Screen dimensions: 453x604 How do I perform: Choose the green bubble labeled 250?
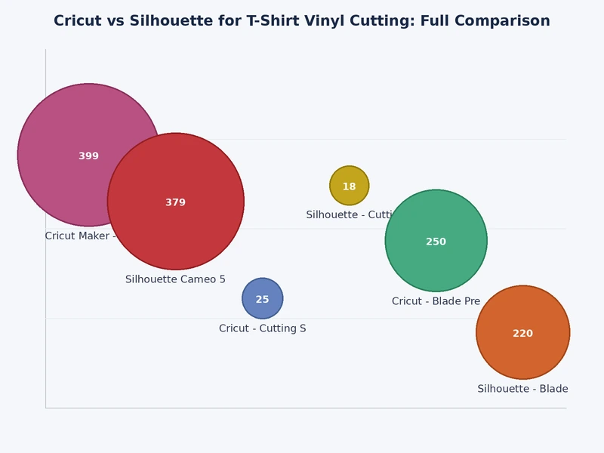click(x=436, y=260)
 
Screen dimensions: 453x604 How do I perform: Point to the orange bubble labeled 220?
click(x=523, y=351)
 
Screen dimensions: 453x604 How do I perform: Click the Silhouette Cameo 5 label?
click(x=175, y=279)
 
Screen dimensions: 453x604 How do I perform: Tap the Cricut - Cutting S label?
click(x=263, y=328)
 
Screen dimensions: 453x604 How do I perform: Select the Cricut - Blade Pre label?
click(x=436, y=301)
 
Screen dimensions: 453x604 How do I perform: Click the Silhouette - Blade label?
click(x=522, y=389)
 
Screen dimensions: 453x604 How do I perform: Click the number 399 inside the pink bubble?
click(x=89, y=156)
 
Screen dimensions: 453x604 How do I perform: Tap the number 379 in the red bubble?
click(x=176, y=202)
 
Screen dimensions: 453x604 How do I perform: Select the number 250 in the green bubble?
click(x=436, y=242)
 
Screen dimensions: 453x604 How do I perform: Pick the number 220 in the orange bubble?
click(x=523, y=334)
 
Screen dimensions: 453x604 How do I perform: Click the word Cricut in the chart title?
click(x=78, y=21)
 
